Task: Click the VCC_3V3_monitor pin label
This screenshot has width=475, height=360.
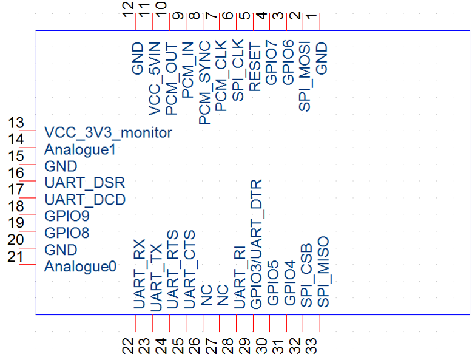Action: pyautogui.click(x=108, y=133)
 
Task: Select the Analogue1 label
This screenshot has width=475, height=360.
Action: pyautogui.click(x=80, y=150)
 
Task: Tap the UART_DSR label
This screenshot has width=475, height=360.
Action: pyautogui.click(x=85, y=183)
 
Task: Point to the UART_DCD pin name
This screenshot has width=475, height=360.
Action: pyautogui.click(x=85, y=199)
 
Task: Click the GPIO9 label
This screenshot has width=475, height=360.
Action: pyautogui.click(x=67, y=216)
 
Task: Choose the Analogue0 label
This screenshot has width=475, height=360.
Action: pyautogui.click(x=80, y=267)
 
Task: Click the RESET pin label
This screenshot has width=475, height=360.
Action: pyautogui.click(x=255, y=67)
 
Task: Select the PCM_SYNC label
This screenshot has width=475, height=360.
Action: pyautogui.click(x=205, y=83)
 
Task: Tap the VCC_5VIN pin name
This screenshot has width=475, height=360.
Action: pyautogui.click(x=155, y=78)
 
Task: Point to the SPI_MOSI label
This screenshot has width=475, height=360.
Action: pyautogui.click(x=305, y=76)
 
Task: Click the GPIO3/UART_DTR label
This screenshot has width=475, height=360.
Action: pyautogui.click(x=256, y=244)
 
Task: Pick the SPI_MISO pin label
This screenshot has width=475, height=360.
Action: pyautogui.click(x=323, y=272)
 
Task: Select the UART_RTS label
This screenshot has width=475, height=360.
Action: pyautogui.click(x=172, y=270)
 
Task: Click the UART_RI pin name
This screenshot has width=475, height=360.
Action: pyautogui.click(x=240, y=277)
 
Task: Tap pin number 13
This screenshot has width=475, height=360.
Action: pyautogui.click(x=16, y=123)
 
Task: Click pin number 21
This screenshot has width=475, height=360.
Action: pyautogui.click(x=15, y=257)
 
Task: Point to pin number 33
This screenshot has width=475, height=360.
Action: pyautogui.click(x=311, y=346)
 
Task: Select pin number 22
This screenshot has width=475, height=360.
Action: pyautogui.click(x=128, y=346)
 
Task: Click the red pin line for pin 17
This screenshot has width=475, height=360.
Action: pyautogui.click(x=27, y=198)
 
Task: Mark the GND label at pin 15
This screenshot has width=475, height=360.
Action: pyautogui.click(x=61, y=166)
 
